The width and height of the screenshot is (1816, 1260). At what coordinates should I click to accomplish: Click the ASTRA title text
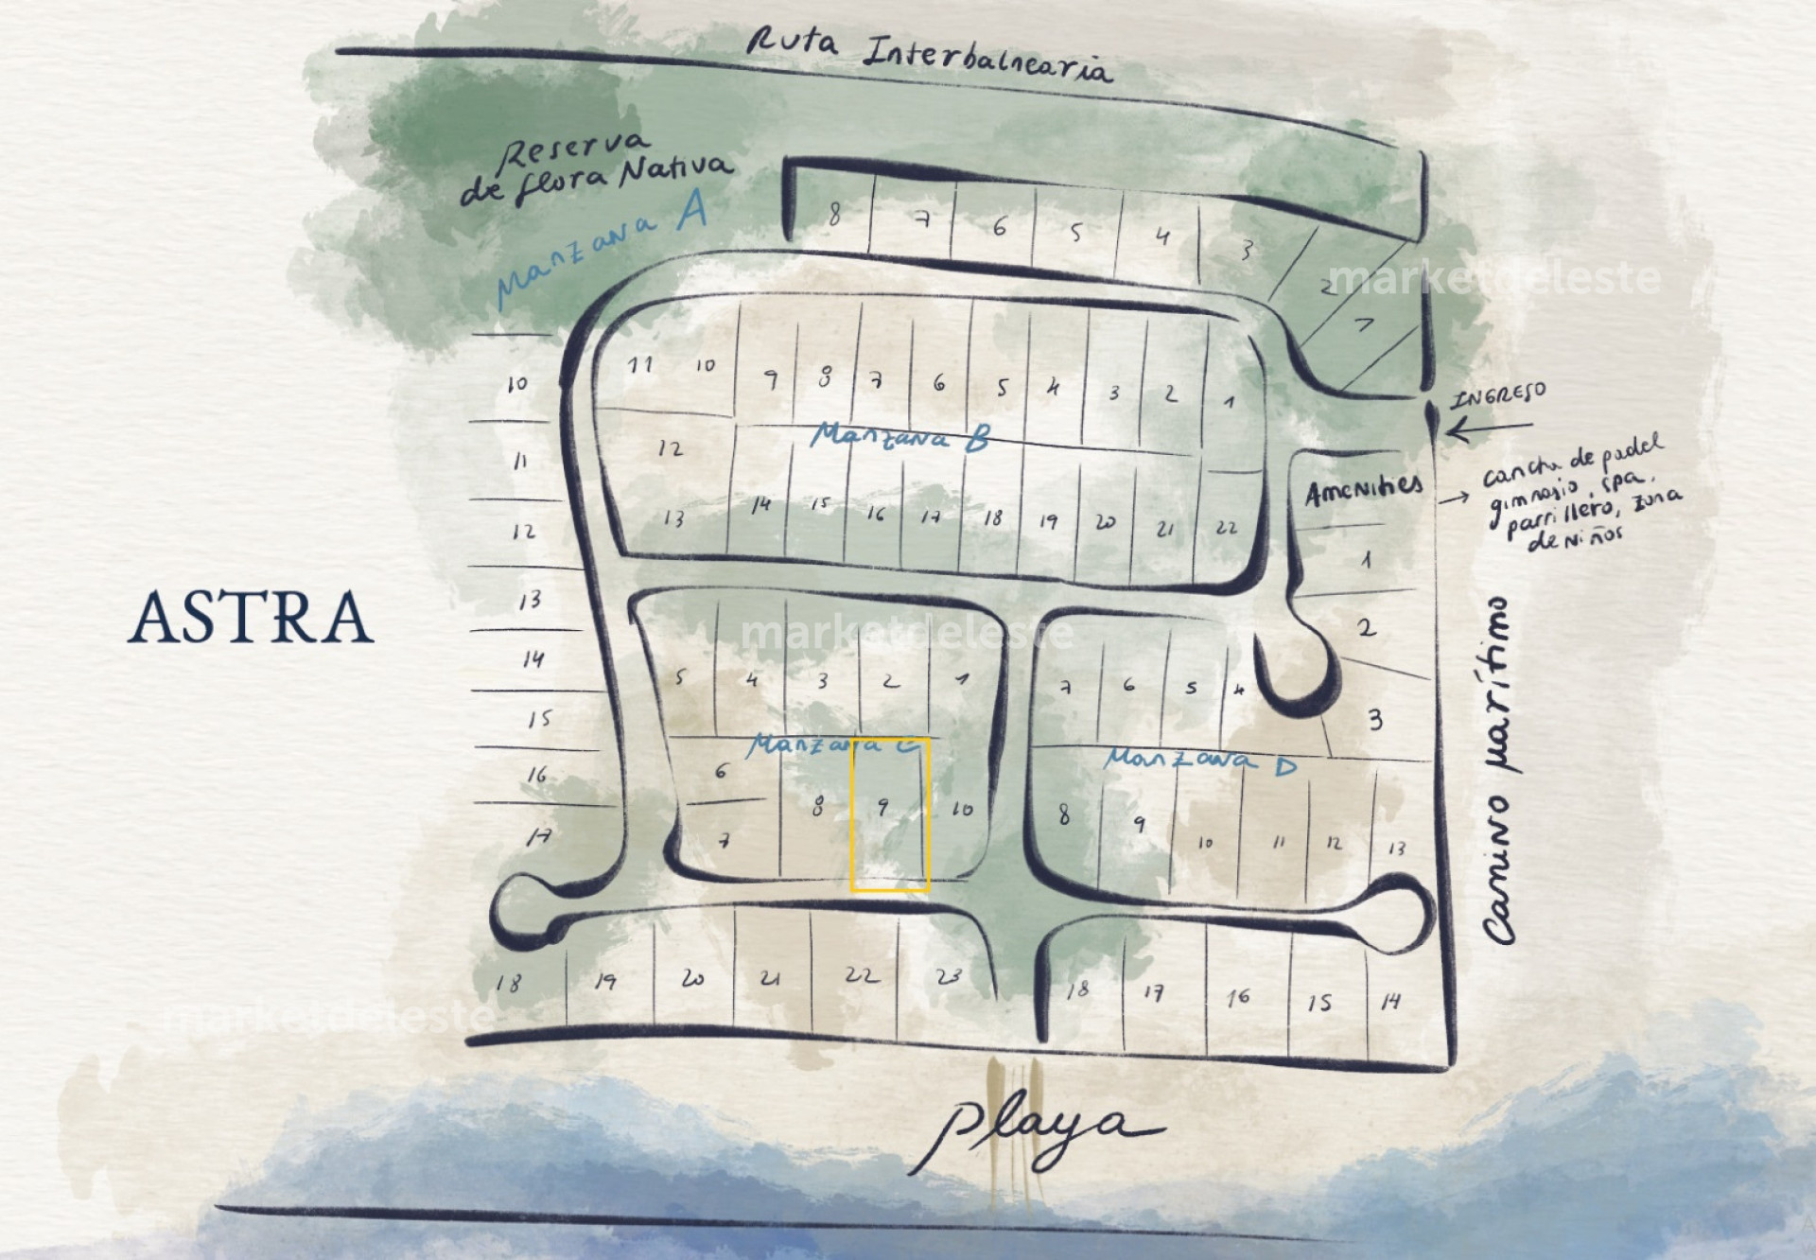point(251,617)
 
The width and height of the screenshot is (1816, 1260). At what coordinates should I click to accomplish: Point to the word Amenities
point(1363,490)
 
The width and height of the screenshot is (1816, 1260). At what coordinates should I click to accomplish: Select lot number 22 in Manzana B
point(1226,528)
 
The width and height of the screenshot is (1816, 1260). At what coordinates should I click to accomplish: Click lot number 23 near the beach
point(948,975)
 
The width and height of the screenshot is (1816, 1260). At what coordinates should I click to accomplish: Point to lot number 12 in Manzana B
point(670,448)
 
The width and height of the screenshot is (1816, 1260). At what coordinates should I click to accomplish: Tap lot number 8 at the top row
point(833,216)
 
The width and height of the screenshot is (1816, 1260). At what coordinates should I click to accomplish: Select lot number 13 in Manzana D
point(1397,849)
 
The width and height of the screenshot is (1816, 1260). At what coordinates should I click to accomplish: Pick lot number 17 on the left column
point(539,836)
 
